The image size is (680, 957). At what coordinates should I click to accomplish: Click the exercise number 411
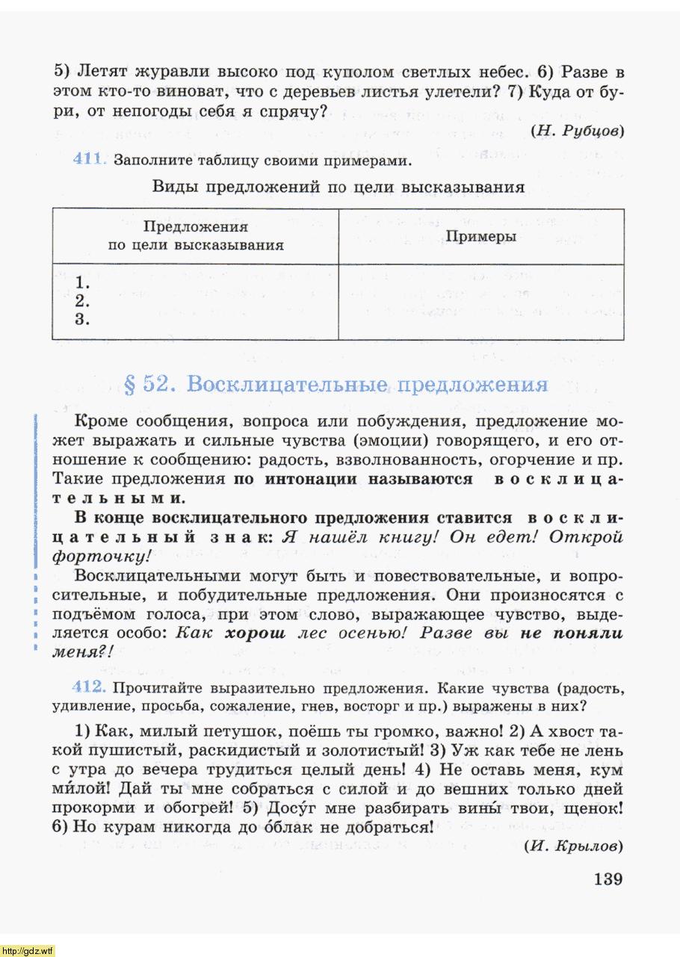(x=90, y=160)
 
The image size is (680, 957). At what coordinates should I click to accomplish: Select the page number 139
(x=608, y=879)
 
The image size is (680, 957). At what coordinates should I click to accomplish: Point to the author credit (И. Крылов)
(x=573, y=846)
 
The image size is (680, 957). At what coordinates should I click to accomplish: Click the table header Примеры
(x=481, y=236)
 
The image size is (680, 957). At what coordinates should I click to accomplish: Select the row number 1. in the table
(x=83, y=284)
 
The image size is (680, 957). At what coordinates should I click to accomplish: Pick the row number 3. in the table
(x=83, y=320)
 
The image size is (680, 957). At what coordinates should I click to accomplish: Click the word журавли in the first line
(x=175, y=73)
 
